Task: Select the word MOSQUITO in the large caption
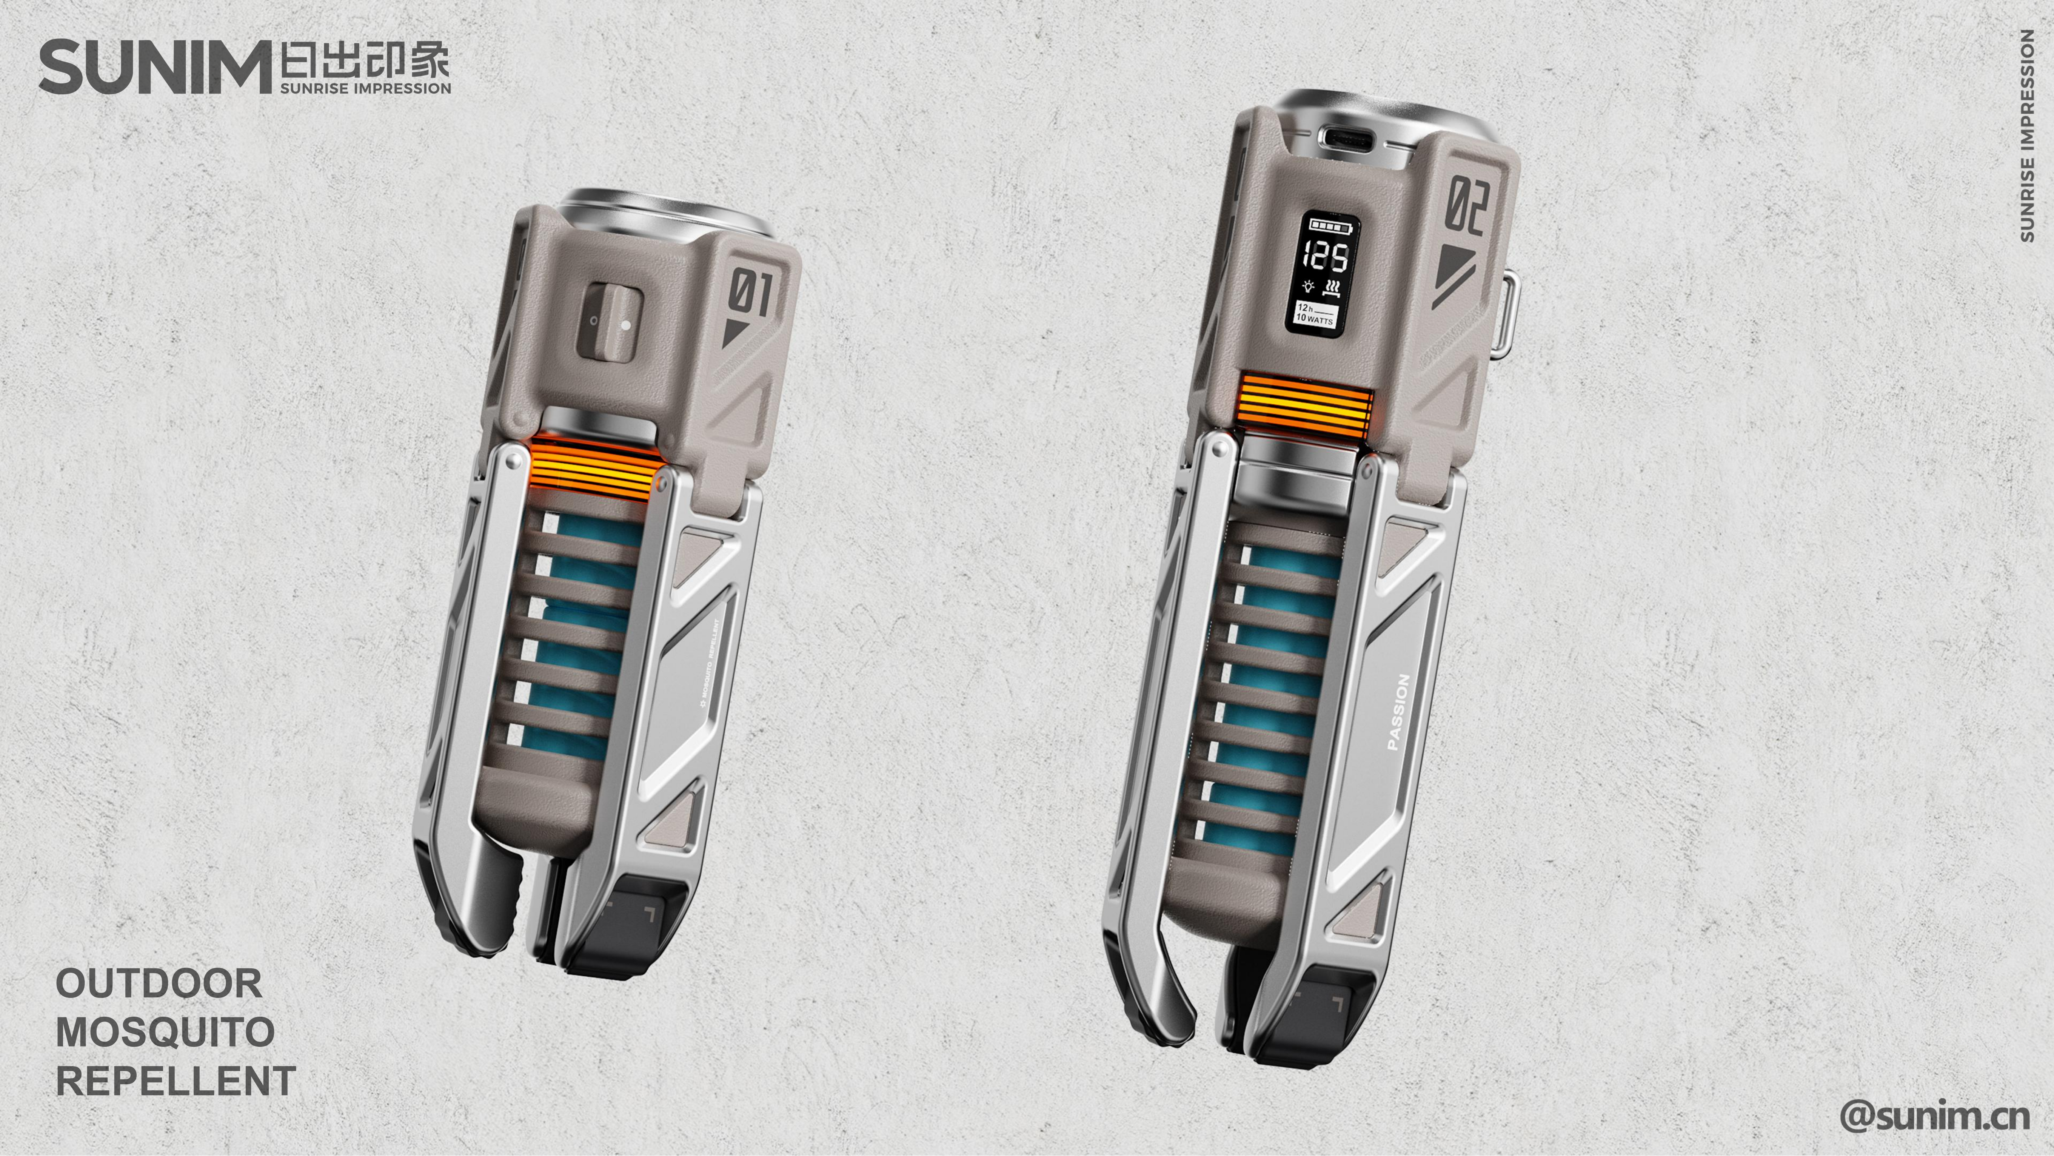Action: tap(165, 1033)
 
